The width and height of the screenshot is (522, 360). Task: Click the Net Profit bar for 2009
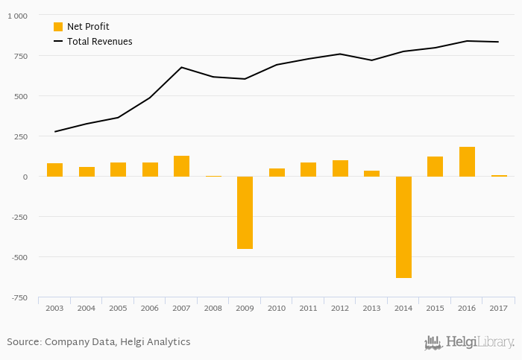[x=245, y=212]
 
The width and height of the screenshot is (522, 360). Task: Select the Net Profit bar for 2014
[x=403, y=227]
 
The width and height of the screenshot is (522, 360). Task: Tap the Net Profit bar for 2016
[x=467, y=162]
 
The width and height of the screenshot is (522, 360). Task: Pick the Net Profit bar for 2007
[x=181, y=166]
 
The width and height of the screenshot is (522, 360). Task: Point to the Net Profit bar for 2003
[x=54, y=170]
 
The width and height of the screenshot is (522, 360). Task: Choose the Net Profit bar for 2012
[x=340, y=168]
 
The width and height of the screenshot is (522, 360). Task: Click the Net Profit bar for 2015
[x=435, y=166]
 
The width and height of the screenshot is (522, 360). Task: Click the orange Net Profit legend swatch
[x=58, y=27]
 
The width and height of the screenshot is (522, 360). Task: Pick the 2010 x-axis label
[x=277, y=308]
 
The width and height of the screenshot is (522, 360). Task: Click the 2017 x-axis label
[x=498, y=308]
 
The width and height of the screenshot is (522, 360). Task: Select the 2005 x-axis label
[x=118, y=308]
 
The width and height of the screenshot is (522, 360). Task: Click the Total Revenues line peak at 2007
[x=181, y=67]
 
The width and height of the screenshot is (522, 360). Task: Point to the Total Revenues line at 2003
[x=54, y=132]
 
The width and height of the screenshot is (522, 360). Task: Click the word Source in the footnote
[x=23, y=342]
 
